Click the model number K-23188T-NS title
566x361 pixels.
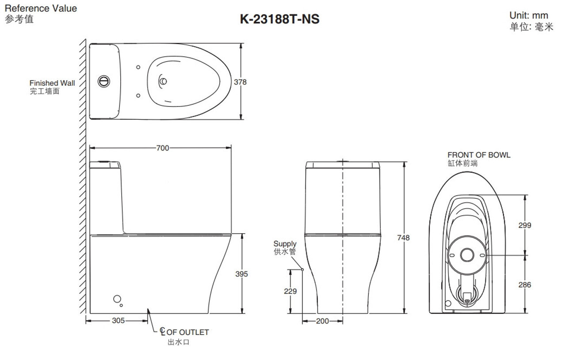click(x=279, y=19)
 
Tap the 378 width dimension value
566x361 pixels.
click(x=240, y=82)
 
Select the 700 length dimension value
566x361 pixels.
click(x=162, y=148)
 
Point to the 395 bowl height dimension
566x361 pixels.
click(x=241, y=274)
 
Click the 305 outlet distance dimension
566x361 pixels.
click(x=118, y=321)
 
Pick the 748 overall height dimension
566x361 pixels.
click(x=403, y=238)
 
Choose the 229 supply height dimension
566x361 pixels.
click(x=290, y=291)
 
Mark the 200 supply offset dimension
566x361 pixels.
click(x=322, y=321)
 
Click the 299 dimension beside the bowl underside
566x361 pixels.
click(x=525, y=225)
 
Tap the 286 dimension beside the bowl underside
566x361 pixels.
click(x=525, y=285)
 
